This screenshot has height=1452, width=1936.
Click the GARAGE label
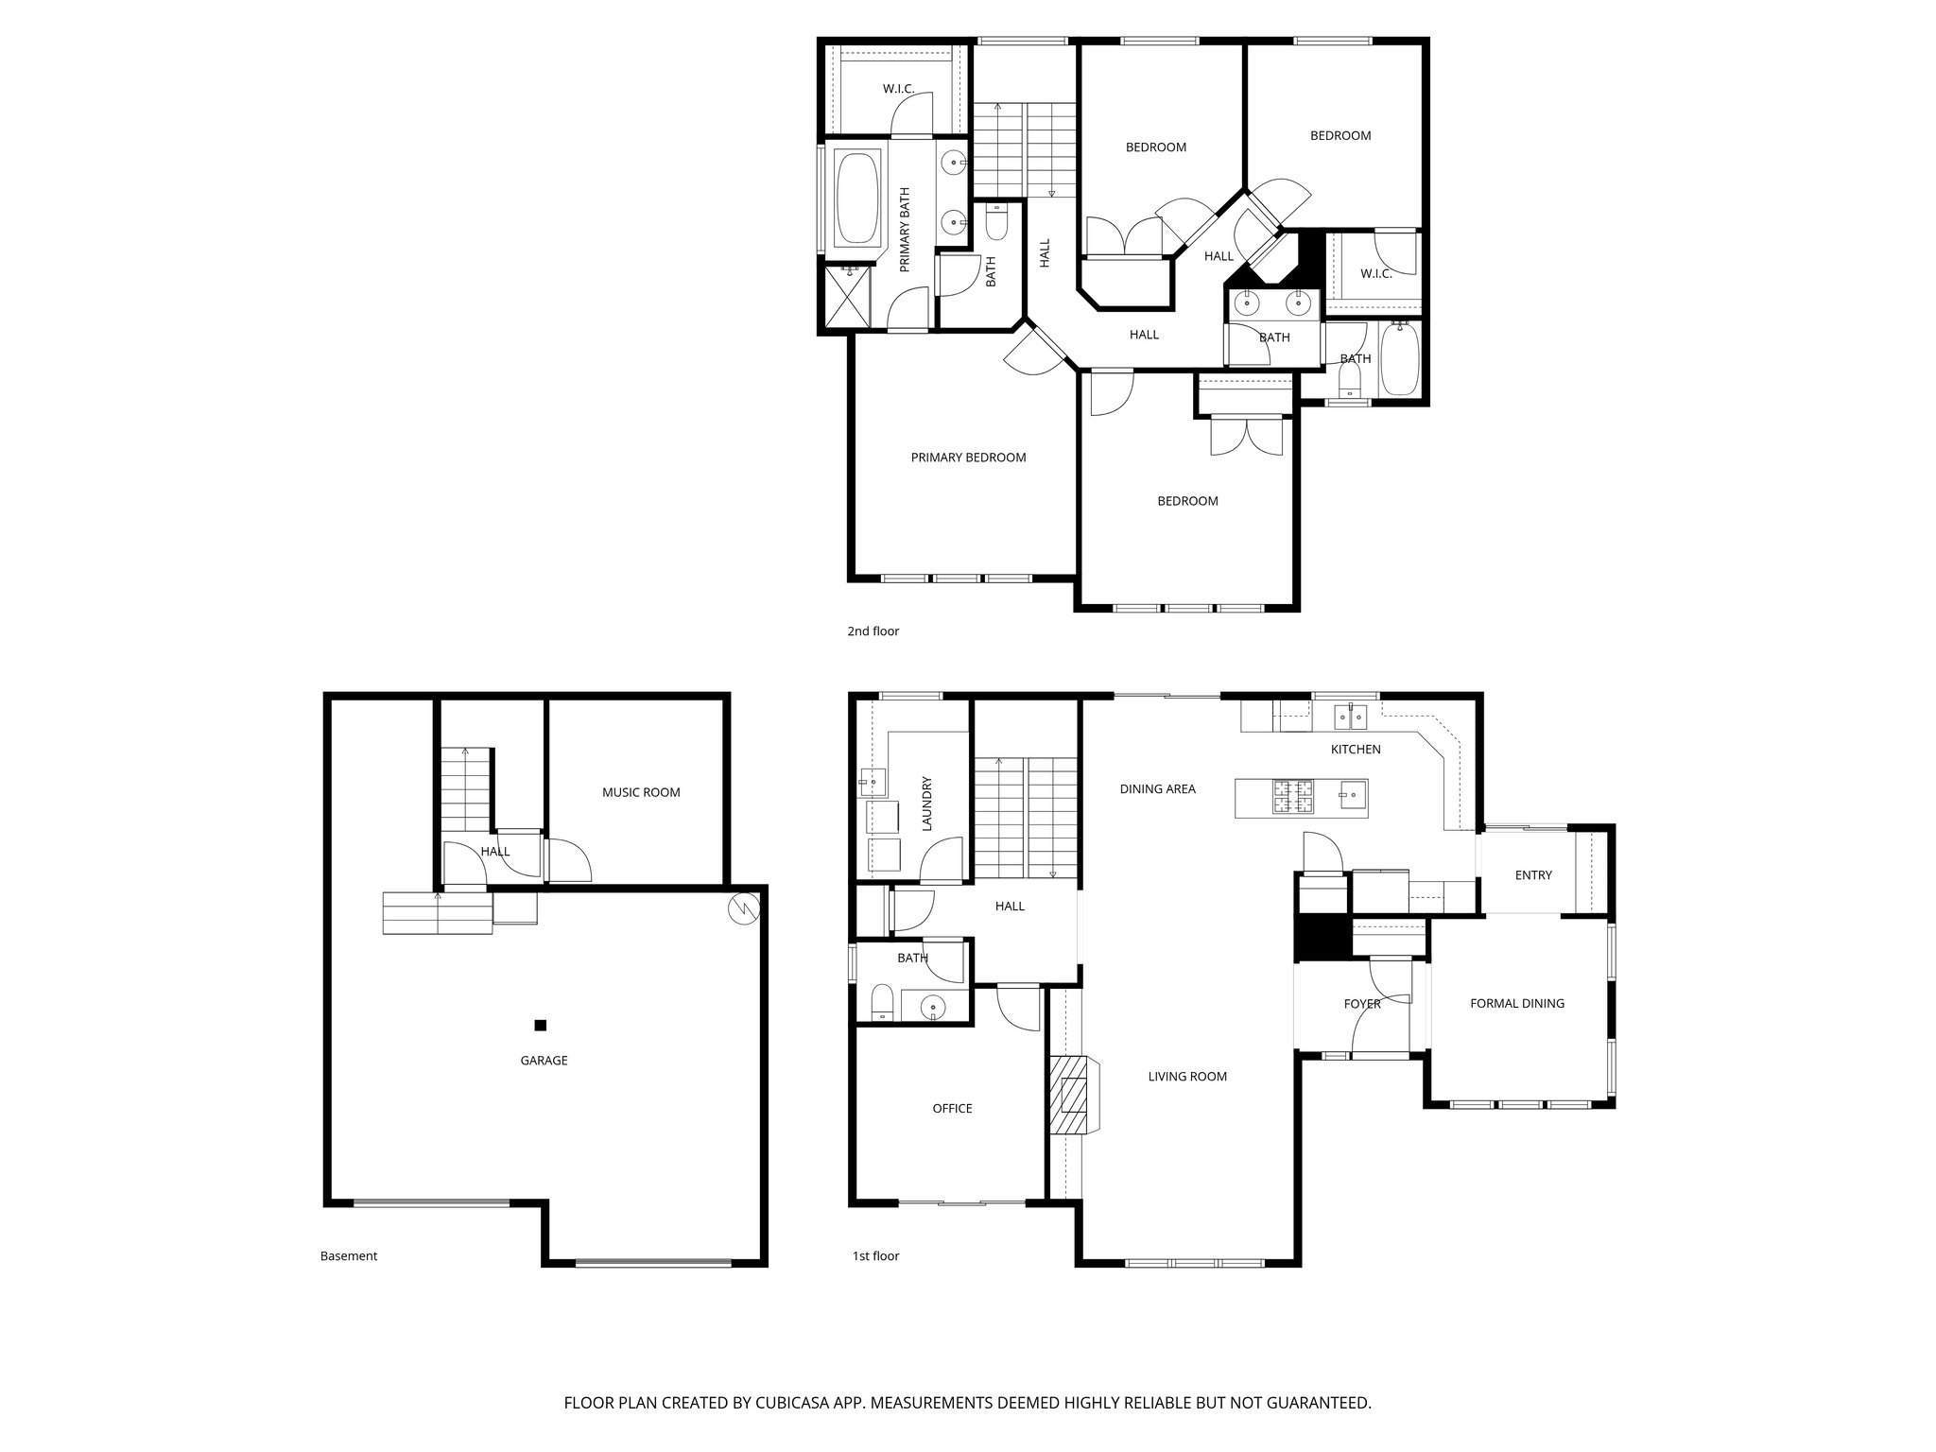click(x=544, y=1061)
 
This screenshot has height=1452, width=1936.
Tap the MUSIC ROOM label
click(x=641, y=792)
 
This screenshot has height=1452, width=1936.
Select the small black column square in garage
click(x=541, y=1025)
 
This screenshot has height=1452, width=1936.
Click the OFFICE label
click(x=952, y=1108)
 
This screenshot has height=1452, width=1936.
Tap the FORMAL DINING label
click(x=1516, y=1003)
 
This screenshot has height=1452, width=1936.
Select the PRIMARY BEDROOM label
click(x=968, y=458)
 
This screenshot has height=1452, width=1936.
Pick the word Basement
click(x=349, y=1256)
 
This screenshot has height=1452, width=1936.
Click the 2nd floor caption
click(x=873, y=631)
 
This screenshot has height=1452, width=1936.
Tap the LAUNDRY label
click(x=927, y=804)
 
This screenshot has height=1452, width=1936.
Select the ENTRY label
click(x=1532, y=875)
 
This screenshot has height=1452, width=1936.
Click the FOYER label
click(x=1362, y=1003)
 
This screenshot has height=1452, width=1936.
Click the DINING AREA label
click(x=1157, y=788)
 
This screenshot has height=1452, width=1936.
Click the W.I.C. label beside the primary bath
click(x=898, y=89)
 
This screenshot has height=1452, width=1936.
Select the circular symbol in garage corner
click(x=742, y=908)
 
